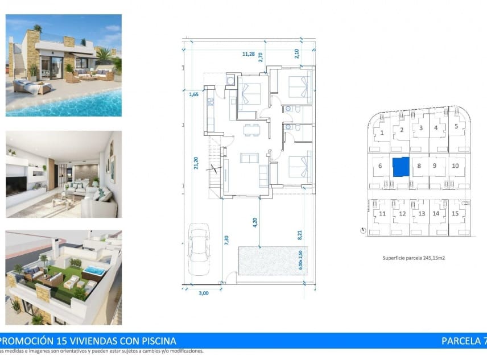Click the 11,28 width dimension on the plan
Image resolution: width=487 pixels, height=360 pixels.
tap(248, 54)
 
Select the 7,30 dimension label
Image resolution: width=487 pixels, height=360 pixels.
tap(226, 241)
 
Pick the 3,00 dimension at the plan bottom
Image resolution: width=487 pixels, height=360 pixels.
tap(203, 293)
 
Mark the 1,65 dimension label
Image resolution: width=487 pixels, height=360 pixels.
tap(193, 94)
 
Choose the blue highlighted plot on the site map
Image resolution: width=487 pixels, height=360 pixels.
tap(401, 167)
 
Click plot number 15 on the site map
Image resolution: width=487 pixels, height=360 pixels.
tap(455, 214)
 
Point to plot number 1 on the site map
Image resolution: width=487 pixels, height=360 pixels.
tap(382, 133)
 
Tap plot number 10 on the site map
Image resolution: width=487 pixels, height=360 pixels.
tap(455, 166)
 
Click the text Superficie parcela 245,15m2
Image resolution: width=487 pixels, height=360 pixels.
tap(414, 258)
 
